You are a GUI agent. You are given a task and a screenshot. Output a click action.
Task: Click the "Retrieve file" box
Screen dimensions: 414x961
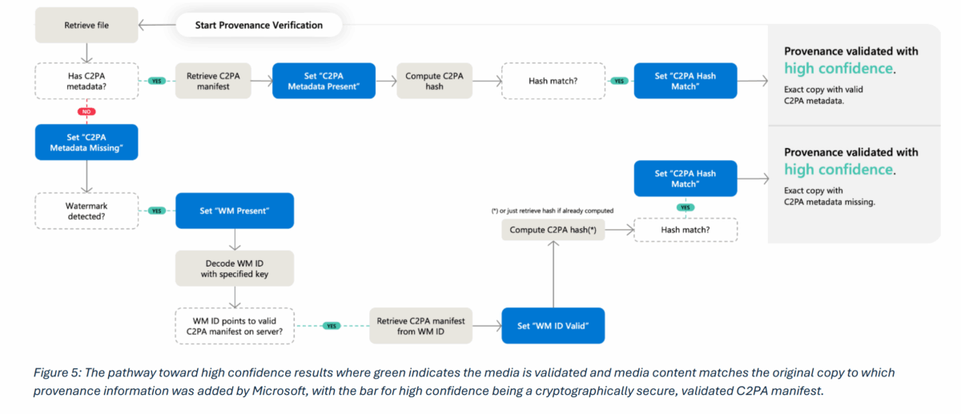click(86, 26)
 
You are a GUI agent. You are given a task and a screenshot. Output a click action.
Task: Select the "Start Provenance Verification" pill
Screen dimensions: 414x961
click(259, 26)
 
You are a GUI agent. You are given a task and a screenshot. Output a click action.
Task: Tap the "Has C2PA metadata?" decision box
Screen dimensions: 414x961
click(86, 80)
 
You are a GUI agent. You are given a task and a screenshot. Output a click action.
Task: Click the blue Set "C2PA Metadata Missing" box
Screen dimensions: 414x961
click(86, 142)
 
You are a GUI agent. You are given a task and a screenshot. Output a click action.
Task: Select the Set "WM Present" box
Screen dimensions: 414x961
click(235, 211)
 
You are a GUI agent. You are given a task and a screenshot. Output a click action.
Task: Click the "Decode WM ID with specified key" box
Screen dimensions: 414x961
click(235, 268)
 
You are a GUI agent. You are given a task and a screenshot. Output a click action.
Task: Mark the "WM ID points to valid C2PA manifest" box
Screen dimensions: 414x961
click(235, 326)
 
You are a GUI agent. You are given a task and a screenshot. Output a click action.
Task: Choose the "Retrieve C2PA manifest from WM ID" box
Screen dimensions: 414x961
click(420, 326)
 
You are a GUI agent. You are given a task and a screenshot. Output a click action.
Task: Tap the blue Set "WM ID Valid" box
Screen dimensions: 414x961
click(553, 326)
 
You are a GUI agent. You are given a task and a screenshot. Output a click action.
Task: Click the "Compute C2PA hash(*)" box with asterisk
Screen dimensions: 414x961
click(553, 231)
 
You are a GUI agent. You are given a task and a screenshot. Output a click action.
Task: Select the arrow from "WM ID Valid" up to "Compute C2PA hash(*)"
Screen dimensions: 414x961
click(553, 276)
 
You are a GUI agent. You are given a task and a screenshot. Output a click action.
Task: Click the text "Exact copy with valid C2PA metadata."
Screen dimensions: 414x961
click(825, 95)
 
